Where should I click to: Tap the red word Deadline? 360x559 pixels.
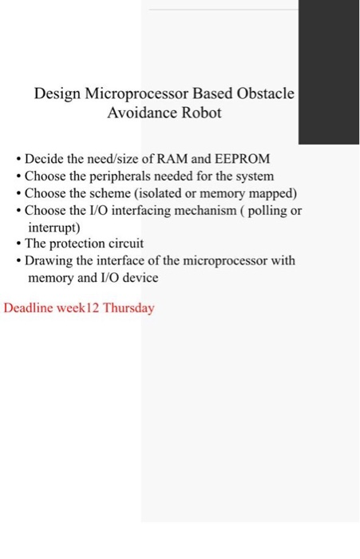coord(30,307)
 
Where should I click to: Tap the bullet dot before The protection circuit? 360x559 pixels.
coord(18,244)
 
